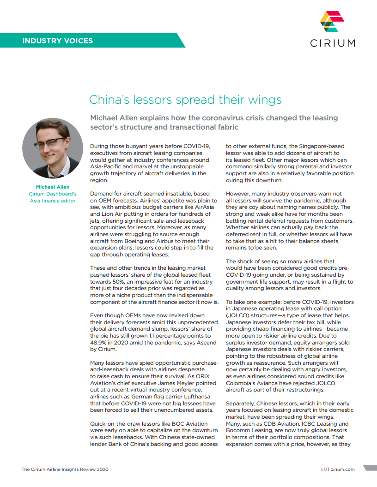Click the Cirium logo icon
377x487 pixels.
pyautogui.click(x=332, y=22)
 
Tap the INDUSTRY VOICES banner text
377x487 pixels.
pyautogui.click(x=57, y=41)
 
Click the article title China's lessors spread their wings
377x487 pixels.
pyautogui.click(x=185, y=100)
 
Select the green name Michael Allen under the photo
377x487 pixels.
pyautogui.click(x=52, y=187)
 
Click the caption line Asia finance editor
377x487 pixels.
pyautogui.click(x=52, y=201)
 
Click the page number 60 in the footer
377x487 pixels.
pyautogui.click(x=324, y=469)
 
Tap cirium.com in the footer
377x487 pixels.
pyautogui.click(x=343, y=469)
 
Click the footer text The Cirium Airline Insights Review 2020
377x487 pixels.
pyautogui.click(x=65, y=469)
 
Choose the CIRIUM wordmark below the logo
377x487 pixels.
pyautogui.click(x=332, y=43)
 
